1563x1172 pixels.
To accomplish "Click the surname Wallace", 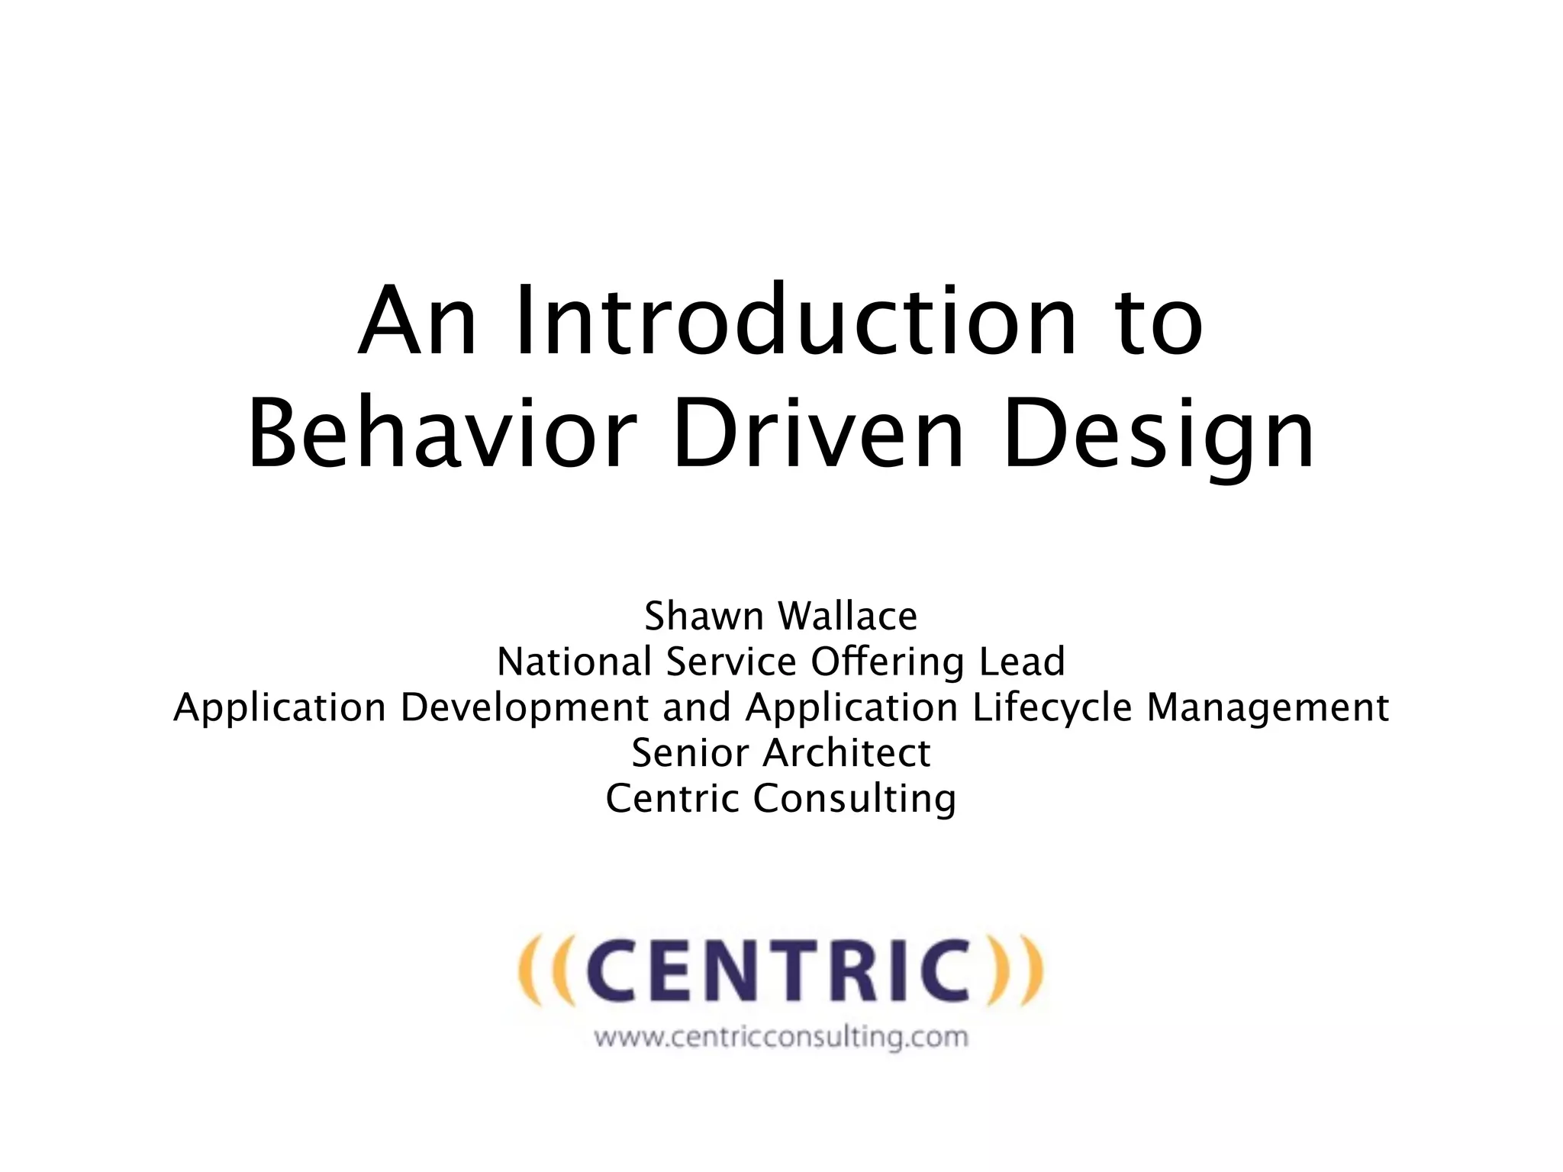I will click(x=847, y=616).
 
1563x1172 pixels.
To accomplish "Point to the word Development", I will click(x=524, y=707).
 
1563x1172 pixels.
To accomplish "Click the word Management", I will click(x=1268, y=709).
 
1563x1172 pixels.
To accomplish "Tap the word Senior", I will click(x=691, y=753).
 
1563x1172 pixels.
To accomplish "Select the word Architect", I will click(x=846, y=753).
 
